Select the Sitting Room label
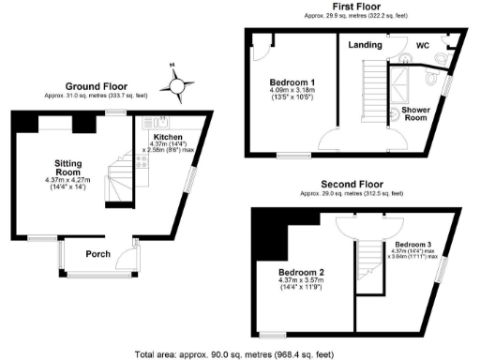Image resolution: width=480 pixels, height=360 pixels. click(x=69, y=167)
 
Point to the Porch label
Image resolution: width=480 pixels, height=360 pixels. click(x=98, y=254)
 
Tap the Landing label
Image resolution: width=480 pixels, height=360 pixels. click(x=365, y=44)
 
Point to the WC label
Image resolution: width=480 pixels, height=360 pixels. click(x=423, y=43)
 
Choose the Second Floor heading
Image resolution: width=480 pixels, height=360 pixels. click(x=352, y=184)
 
